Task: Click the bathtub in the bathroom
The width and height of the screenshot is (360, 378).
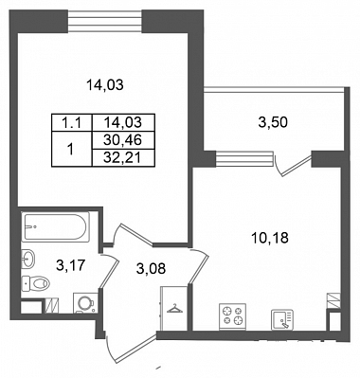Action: (x=55, y=226)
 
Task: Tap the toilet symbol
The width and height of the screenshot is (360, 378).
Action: (x=35, y=283)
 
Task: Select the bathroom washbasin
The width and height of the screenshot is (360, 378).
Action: (x=28, y=259)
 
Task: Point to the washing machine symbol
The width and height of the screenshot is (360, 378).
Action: (x=85, y=303)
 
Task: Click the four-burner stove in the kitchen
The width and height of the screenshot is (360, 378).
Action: (x=232, y=316)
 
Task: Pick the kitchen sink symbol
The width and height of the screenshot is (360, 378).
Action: (x=282, y=319)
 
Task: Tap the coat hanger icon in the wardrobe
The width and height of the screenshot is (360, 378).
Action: (x=174, y=309)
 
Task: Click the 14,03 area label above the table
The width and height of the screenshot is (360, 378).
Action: (x=105, y=85)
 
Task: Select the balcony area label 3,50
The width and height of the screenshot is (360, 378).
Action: (x=273, y=122)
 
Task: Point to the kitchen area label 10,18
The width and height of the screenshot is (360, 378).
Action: (x=270, y=238)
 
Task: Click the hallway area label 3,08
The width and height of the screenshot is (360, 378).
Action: (x=151, y=269)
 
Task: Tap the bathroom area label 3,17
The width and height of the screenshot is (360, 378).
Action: (x=71, y=266)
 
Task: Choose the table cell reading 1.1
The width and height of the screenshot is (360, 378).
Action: (x=72, y=123)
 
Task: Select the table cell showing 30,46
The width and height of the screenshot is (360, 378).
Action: (x=122, y=140)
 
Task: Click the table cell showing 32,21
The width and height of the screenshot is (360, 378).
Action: (x=122, y=157)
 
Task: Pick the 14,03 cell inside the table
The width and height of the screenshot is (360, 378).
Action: (x=122, y=123)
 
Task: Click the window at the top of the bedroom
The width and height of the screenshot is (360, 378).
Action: (x=105, y=21)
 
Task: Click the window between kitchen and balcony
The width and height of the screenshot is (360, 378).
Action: (x=244, y=158)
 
